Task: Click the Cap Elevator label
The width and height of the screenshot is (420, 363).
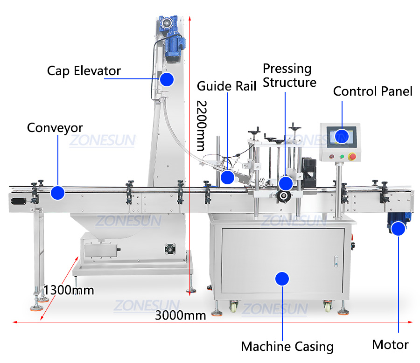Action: [84, 71]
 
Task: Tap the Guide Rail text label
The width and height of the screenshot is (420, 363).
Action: [226, 86]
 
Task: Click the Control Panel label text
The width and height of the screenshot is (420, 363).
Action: [372, 91]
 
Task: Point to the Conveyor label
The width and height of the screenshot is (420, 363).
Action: [55, 127]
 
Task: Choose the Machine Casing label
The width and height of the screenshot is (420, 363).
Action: [287, 347]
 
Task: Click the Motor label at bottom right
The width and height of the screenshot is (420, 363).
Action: [390, 345]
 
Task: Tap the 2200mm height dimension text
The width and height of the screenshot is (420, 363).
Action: [201, 125]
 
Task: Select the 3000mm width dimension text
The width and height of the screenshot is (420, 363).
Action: [181, 315]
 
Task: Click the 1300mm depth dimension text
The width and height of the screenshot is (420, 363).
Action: [69, 290]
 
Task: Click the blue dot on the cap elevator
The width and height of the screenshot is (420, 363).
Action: [167, 79]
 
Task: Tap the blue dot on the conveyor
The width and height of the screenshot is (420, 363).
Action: [57, 193]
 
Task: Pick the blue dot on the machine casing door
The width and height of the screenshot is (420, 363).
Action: [282, 279]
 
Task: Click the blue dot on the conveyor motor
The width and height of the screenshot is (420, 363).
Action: [398, 229]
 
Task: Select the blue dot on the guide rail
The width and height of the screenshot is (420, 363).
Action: [227, 177]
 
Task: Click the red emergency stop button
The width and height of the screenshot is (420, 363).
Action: [352, 156]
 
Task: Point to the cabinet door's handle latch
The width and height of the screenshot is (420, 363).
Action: [336, 261]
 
